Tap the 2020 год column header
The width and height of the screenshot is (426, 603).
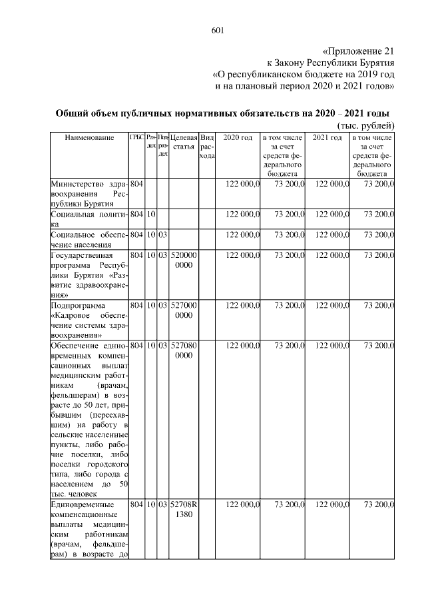[238, 138]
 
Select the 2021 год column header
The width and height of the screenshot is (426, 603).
[327, 138]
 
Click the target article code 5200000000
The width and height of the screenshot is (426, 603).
[183, 260]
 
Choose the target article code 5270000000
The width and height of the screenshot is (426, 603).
[183, 309]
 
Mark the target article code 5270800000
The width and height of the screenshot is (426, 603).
[183, 350]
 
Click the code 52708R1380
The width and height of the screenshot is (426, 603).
[183, 510]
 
